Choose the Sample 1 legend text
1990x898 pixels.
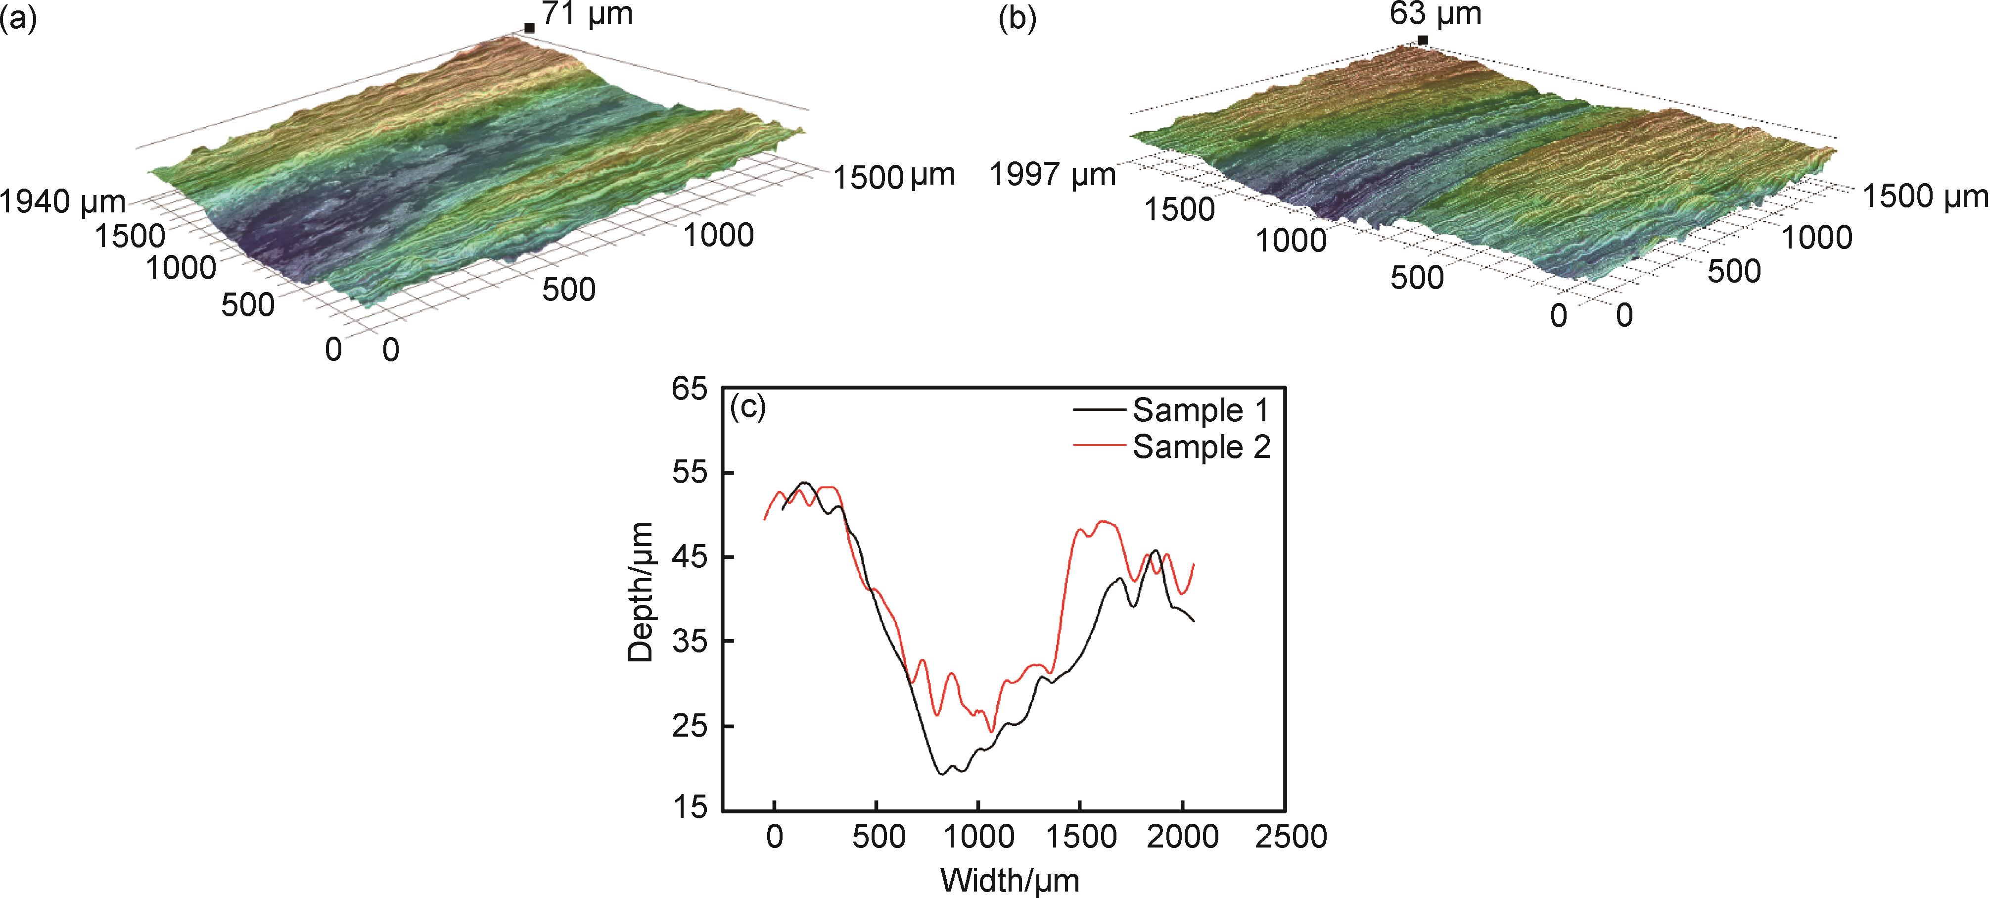point(1201,410)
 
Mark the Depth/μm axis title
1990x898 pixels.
point(641,593)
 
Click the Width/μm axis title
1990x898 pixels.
point(1010,880)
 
